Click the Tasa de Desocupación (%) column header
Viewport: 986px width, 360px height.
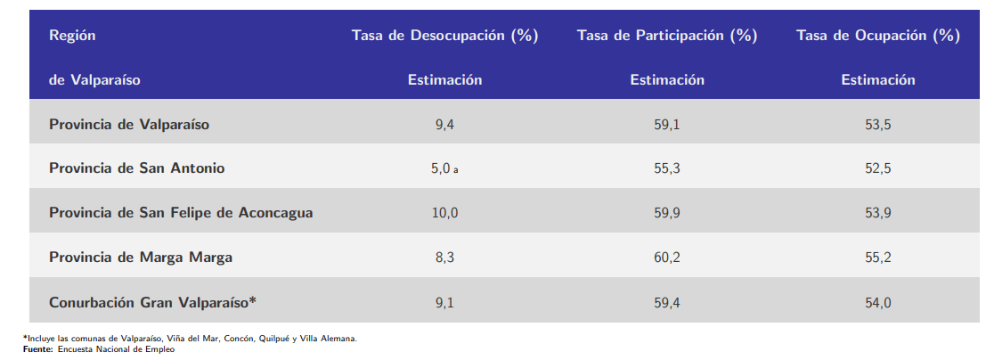tap(444, 36)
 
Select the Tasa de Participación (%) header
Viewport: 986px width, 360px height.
tap(667, 36)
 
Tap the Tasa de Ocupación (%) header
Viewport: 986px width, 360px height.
tap(877, 36)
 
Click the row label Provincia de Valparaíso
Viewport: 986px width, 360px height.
tap(129, 125)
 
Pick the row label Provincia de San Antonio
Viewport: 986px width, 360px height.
tap(136, 168)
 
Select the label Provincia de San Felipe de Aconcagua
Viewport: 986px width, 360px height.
tap(181, 213)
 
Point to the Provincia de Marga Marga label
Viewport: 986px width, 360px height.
tap(141, 258)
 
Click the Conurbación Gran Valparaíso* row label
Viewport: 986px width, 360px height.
tap(152, 302)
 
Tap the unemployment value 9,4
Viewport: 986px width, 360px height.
tap(444, 125)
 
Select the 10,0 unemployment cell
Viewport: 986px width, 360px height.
tap(444, 213)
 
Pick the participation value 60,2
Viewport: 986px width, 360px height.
tap(667, 258)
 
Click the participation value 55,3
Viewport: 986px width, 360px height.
tap(667, 168)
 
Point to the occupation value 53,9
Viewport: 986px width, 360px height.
tap(877, 213)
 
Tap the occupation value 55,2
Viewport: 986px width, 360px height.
tap(877, 258)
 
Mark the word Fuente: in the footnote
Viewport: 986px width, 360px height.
tap(38, 348)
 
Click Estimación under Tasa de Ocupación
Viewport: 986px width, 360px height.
tap(877, 80)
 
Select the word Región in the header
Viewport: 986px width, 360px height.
tap(72, 36)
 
